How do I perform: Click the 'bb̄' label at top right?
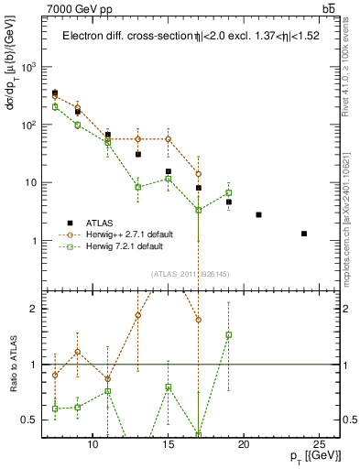[x=329, y=9]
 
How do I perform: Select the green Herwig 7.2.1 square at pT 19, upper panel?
[x=229, y=192]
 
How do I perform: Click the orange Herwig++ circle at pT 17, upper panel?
[x=199, y=174]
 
